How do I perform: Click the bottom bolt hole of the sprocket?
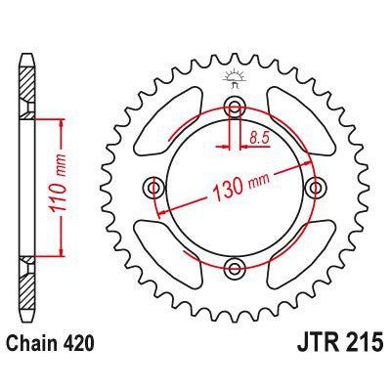point(234,267)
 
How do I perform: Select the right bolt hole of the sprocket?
point(314,187)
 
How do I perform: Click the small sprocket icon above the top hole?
point(234,77)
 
